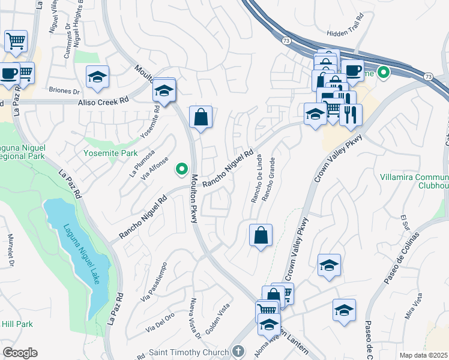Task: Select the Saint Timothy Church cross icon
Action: pyautogui.click(x=238, y=352)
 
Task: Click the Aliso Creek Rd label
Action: pyautogui.click(x=103, y=103)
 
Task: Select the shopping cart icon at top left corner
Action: pyautogui.click(x=16, y=41)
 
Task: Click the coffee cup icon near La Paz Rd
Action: pyautogui.click(x=9, y=73)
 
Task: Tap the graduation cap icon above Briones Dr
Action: pyautogui.click(x=97, y=77)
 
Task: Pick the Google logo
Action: pyautogui.click(x=20, y=353)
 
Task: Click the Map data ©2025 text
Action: pyautogui.click(x=423, y=355)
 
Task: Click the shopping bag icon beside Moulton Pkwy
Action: pyautogui.click(x=201, y=117)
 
